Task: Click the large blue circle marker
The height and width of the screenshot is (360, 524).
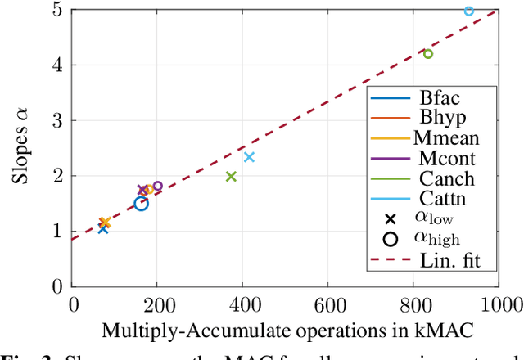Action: (x=141, y=203)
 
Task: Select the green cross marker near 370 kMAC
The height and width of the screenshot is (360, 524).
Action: (x=231, y=177)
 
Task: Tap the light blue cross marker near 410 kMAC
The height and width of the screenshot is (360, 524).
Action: (x=249, y=157)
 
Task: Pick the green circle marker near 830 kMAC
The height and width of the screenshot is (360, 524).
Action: (x=427, y=54)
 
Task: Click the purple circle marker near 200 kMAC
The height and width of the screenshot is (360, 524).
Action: (x=158, y=186)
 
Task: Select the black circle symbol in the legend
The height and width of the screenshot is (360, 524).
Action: (x=391, y=239)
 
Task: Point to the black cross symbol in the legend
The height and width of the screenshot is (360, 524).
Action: (x=391, y=218)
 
